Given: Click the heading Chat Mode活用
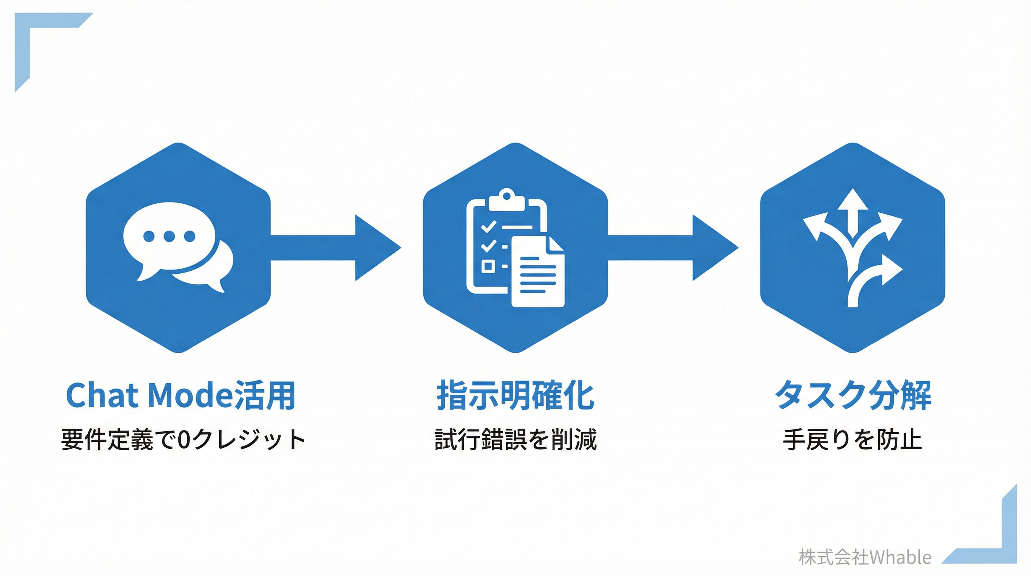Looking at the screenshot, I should click(x=181, y=395).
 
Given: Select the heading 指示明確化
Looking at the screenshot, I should click(x=515, y=395).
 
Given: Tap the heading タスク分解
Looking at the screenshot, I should click(x=853, y=395).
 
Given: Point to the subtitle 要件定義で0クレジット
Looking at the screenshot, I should click(x=183, y=439).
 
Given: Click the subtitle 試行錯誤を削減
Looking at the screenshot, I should click(x=515, y=439).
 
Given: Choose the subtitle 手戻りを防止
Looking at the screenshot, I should click(x=853, y=439).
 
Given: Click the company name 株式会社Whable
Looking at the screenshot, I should click(x=865, y=557).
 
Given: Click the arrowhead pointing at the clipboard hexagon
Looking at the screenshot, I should click(x=376, y=247).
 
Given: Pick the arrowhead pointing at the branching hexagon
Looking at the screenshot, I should click(x=714, y=247).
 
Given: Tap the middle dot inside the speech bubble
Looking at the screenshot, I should click(x=169, y=236).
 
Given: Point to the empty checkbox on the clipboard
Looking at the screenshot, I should click(x=488, y=265).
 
